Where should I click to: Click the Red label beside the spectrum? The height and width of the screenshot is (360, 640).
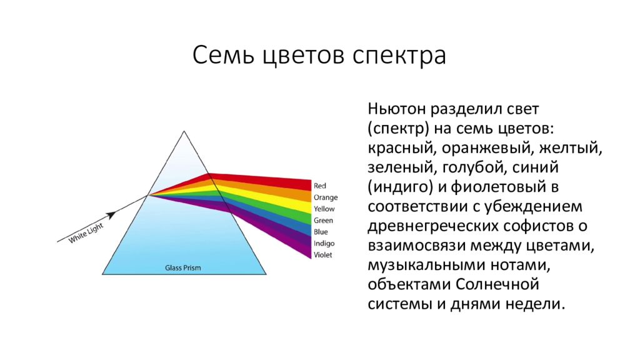[x=319, y=186]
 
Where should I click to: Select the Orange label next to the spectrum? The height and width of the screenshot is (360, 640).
[x=326, y=197]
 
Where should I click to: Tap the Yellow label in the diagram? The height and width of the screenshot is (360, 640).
[x=324, y=209]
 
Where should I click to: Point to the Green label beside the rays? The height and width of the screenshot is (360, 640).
[x=323, y=221]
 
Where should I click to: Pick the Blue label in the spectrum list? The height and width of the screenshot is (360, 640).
[x=321, y=232]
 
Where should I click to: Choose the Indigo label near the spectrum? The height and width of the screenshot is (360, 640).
[x=324, y=244]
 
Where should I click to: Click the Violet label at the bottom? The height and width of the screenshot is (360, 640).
[x=323, y=255]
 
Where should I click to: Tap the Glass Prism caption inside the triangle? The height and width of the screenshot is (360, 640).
[x=183, y=267]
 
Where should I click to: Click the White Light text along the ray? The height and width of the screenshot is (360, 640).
[x=86, y=233]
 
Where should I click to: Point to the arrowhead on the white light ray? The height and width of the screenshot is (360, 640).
[x=111, y=215]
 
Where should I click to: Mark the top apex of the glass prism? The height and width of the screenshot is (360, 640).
[x=184, y=131]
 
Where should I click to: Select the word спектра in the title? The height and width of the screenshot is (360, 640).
[x=399, y=56]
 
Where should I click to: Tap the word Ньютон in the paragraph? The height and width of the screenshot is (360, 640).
[x=397, y=109]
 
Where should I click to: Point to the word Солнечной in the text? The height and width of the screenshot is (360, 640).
[x=497, y=284]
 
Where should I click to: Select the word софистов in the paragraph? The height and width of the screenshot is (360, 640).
[x=540, y=226]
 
